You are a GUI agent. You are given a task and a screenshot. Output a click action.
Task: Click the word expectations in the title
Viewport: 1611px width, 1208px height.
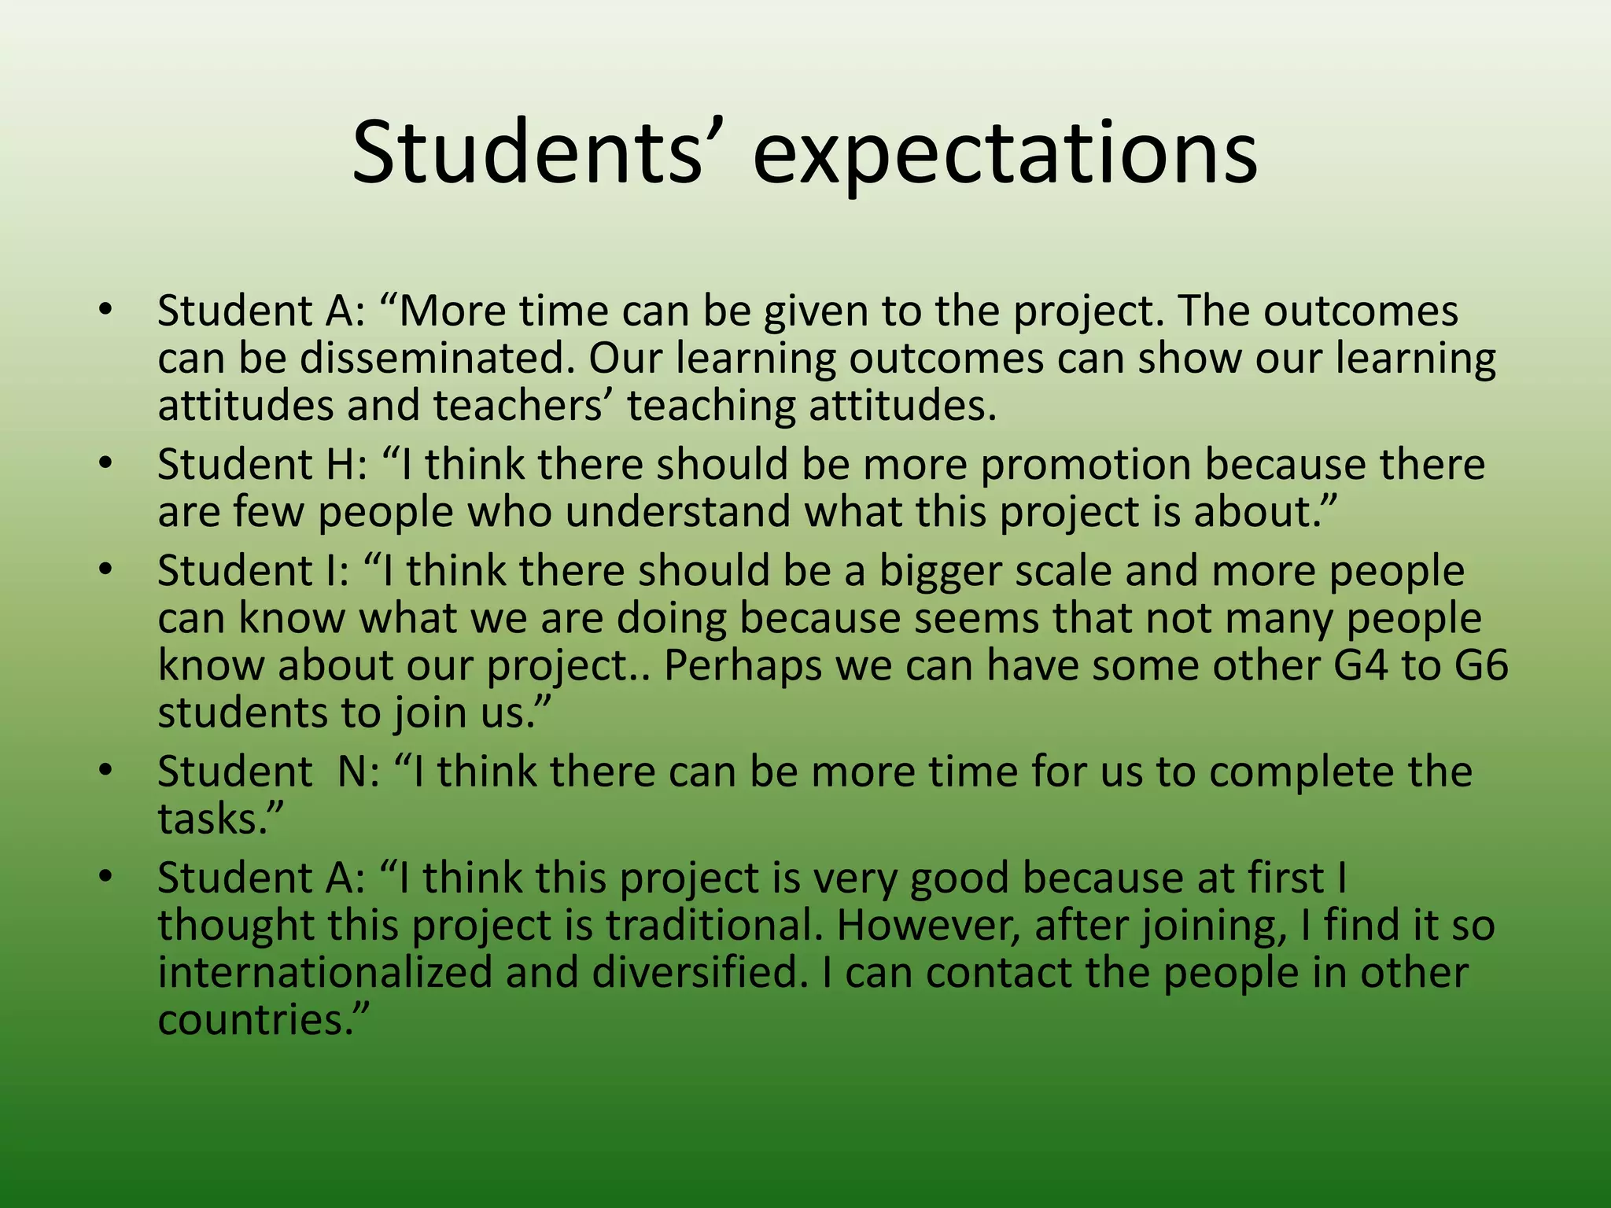(1005, 154)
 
